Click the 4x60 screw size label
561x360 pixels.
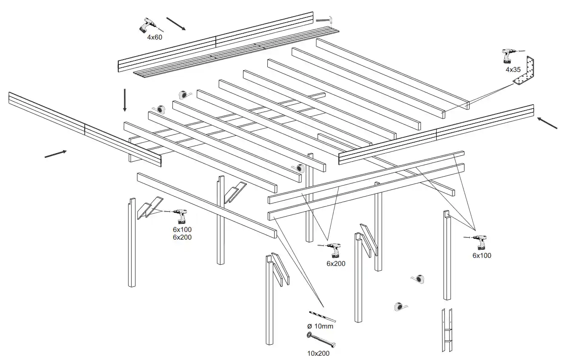155,37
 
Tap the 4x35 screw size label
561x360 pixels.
513,69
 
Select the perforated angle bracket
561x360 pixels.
526,72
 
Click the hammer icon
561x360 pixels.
326,20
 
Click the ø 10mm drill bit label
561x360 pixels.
320,326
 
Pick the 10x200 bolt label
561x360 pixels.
318,353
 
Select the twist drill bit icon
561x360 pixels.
323,317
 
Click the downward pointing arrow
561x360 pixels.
125,100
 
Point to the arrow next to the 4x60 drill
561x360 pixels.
176,24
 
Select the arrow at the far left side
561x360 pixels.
56,154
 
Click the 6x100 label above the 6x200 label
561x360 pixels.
182,229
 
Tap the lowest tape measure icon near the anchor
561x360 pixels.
401,306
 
